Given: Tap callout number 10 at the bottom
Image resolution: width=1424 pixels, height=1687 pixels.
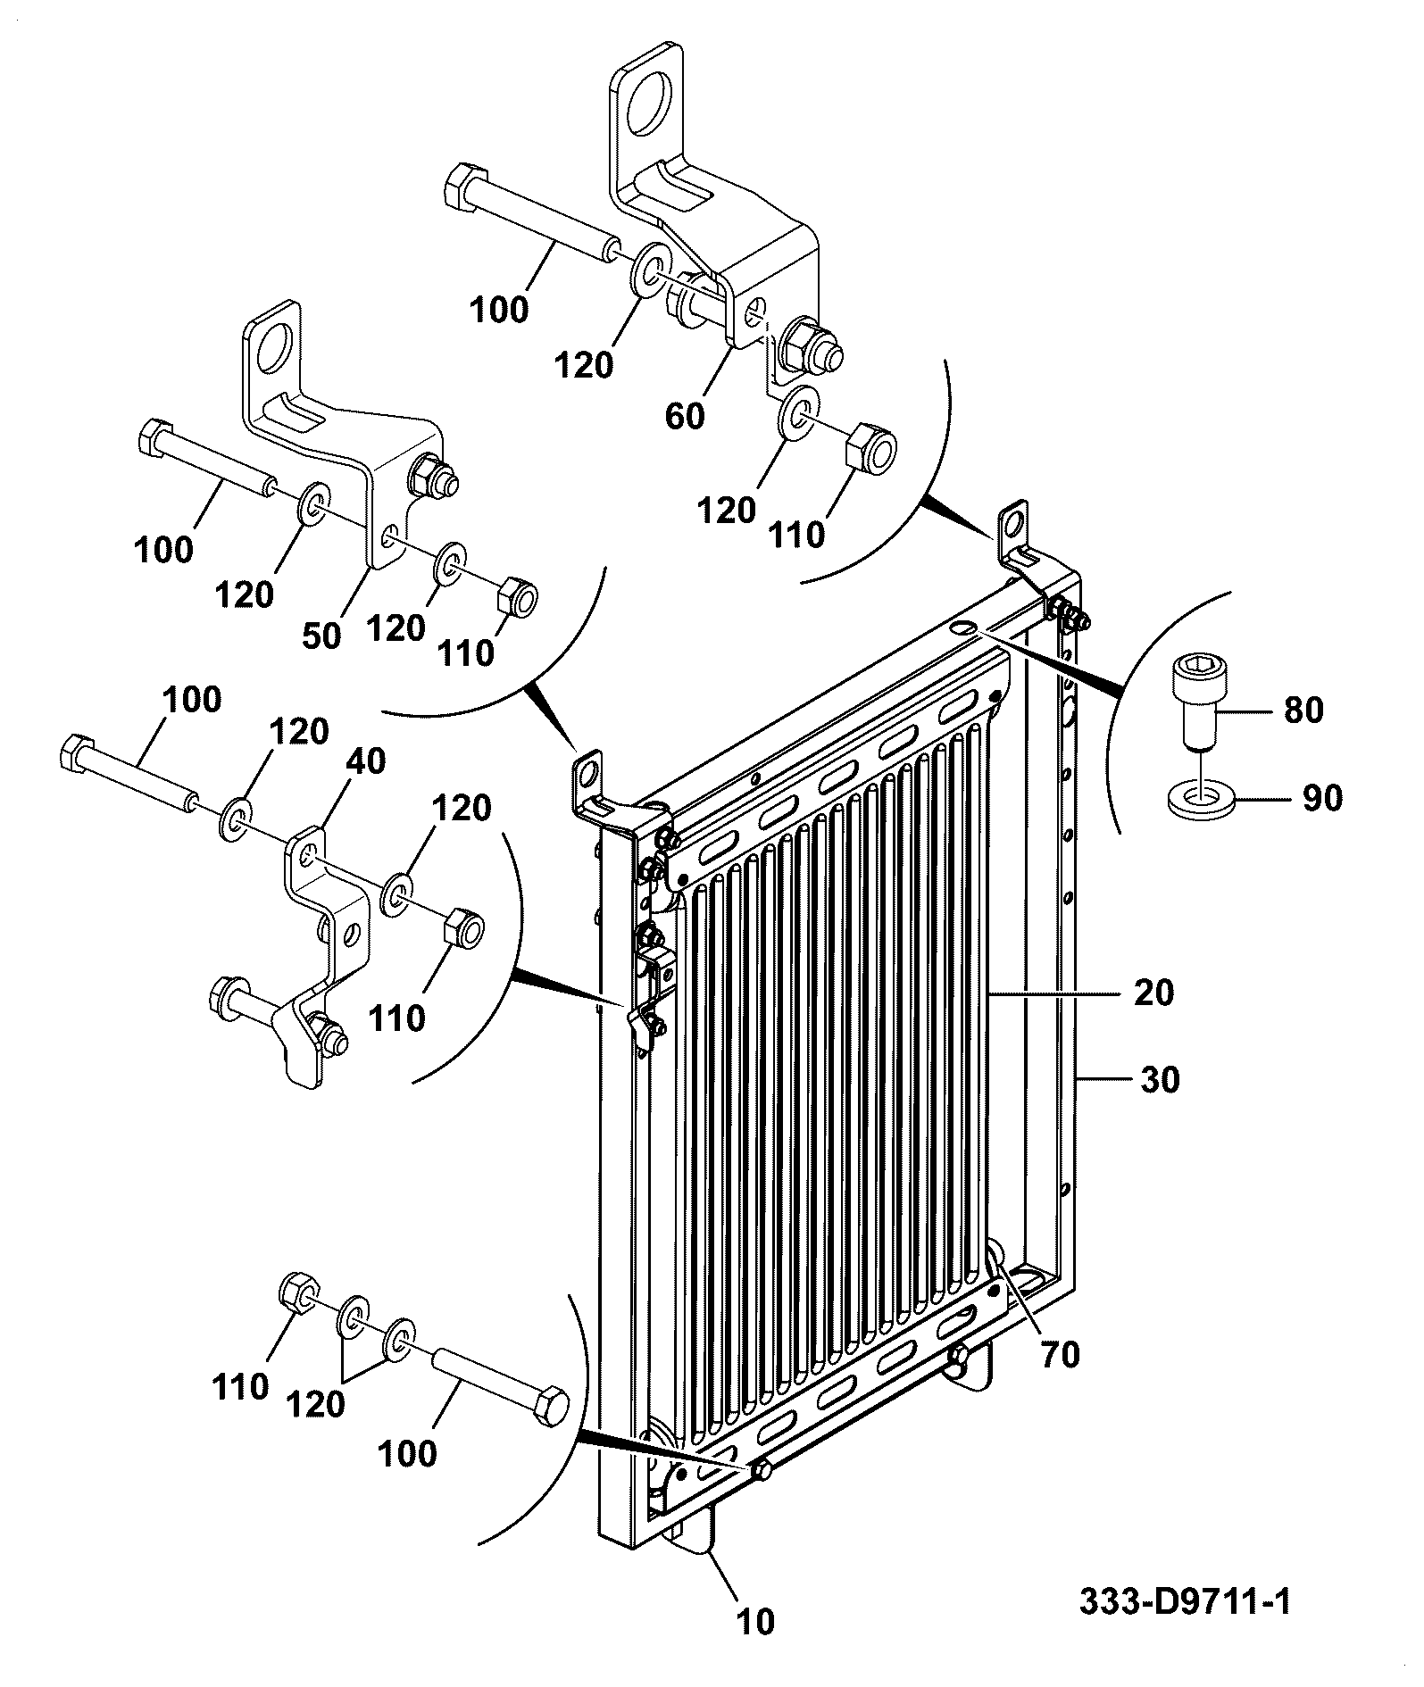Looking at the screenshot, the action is pos(755,1622).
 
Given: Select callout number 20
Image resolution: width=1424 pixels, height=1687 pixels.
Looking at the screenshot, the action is pos(1153,993).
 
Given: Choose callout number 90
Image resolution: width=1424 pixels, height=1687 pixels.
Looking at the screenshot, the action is pos(1321,797).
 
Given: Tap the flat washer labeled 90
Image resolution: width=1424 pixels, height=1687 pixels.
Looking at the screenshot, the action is pos(1203,796).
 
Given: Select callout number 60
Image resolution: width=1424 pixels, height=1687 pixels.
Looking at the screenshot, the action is pos(685,416).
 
